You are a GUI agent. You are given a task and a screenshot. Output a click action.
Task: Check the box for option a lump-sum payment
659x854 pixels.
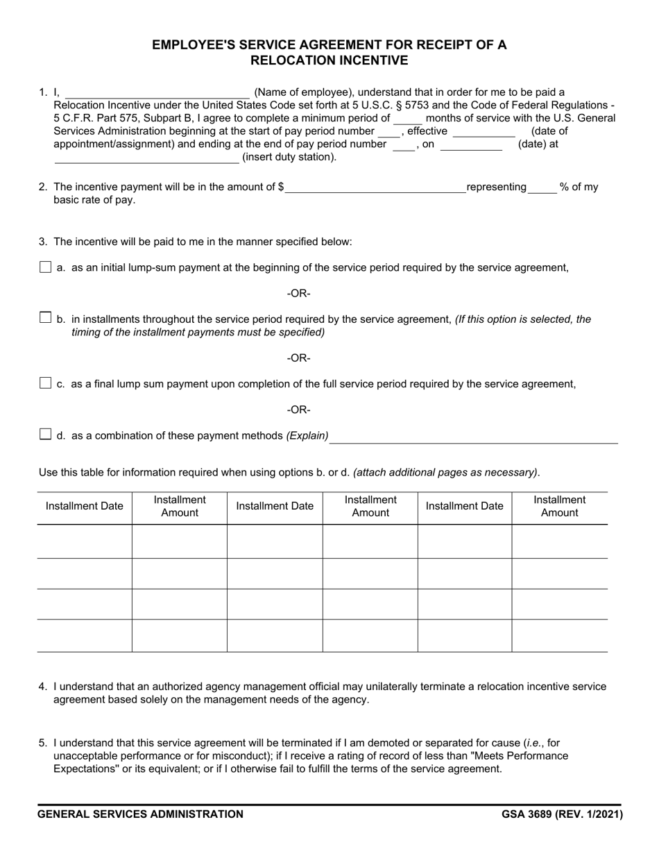(46, 267)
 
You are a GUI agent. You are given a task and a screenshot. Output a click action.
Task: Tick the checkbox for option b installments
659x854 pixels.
(46, 318)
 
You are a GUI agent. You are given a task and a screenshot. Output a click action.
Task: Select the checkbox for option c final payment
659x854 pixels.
(46, 383)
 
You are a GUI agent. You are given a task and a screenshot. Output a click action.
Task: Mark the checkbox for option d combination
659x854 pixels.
(46, 435)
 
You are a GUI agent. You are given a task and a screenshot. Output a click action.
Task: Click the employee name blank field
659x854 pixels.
(157, 92)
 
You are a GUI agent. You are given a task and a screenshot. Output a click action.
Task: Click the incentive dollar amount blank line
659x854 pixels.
(375, 187)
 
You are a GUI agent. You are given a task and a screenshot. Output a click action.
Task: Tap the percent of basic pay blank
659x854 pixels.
(542, 187)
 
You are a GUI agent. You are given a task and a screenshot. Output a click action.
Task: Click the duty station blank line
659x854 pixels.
(146, 157)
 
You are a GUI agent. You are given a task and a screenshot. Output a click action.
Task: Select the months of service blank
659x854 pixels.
(407, 119)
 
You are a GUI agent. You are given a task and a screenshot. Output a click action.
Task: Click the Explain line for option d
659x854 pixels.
(474, 437)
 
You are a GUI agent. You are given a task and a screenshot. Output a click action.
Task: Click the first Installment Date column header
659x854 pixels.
(84, 506)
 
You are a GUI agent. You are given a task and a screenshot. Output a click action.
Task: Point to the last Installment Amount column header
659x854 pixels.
(559, 506)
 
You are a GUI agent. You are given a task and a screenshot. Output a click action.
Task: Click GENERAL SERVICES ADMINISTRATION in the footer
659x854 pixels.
(140, 814)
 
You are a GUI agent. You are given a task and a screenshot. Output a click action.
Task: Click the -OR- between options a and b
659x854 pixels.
(299, 294)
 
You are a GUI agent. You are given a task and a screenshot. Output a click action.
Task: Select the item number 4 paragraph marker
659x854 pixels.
(43, 687)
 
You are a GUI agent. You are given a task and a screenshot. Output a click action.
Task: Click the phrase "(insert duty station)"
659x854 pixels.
(289, 157)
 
